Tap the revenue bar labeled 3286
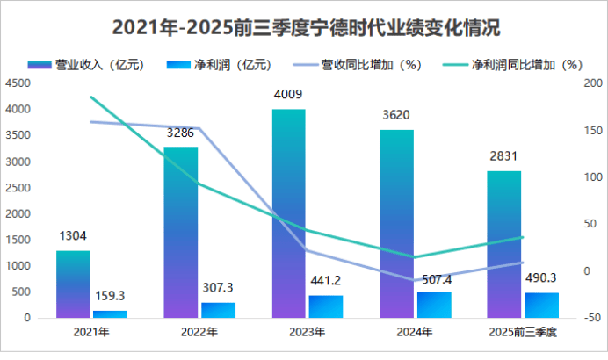(x=181, y=232)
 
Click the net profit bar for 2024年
(x=433, y=304)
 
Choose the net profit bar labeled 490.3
(x=541, y=305)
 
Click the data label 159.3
(x=110, y=297)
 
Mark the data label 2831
(x=504, y=156)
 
